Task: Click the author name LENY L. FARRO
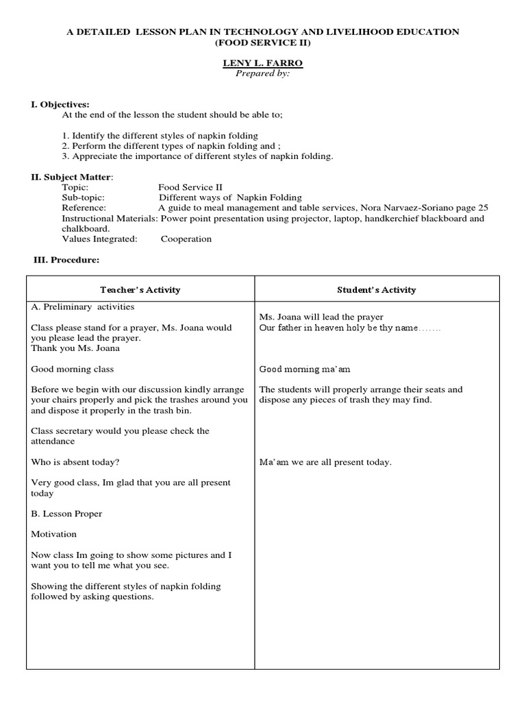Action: point(263,63)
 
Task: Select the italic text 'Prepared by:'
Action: point(263,73)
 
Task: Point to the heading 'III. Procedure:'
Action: point(66,260)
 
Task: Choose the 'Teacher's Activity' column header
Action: point(140,290)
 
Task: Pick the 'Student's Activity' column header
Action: point(376,290)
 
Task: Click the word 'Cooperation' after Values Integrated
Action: point(186,239)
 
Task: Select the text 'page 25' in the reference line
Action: point(473,208)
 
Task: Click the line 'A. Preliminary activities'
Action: point(82,306)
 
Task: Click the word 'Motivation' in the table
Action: point(53,534)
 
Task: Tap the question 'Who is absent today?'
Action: point(70,462)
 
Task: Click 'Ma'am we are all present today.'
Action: point(325,462)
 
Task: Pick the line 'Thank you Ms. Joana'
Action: point(75,348)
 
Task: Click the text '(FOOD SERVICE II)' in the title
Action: point(263,43)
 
